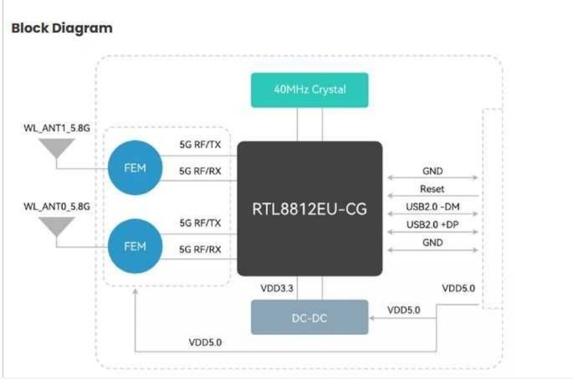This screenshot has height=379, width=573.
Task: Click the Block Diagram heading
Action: pyautogui.click(x=62, y=28)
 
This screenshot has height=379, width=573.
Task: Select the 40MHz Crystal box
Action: pyautogui.click(x=309, y=90)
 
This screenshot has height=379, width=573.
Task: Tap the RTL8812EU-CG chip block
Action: pyautogui.click(x=309, y=209)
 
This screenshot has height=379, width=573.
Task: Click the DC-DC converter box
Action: pyautogui.click(x=309, y=317)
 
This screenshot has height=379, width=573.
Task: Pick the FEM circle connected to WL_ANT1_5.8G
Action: pyautogui.click(x=135, y=169)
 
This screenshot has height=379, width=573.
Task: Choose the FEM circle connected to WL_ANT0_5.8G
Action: pyautogui.click(x=135, y=246)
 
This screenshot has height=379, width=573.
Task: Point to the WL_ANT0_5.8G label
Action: pyautogui.click(x=57, y=205)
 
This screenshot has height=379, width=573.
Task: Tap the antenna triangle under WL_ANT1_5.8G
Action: pyautogui.click(x=57, y=149)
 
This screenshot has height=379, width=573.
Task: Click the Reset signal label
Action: pyautogui.click(x=432, y=189)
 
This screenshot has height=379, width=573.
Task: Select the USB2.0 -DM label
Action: pyautogui.click(x=432, y=206)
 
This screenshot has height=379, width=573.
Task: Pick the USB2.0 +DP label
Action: pyautogui.click(x=432, y=224)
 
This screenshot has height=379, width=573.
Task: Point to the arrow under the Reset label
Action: pyautogui.click(x=432, y=196)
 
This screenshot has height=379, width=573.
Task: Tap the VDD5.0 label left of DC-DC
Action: pyautogui.click(x=403, y=310)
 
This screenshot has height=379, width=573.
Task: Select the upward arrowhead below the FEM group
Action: pyautogui.click(x=135, y=292)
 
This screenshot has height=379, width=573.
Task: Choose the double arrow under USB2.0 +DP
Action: pyautogui.click(x=432, y=232)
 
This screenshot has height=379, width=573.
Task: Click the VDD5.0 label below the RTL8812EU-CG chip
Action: pyautogui.click(x=205, y=342)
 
